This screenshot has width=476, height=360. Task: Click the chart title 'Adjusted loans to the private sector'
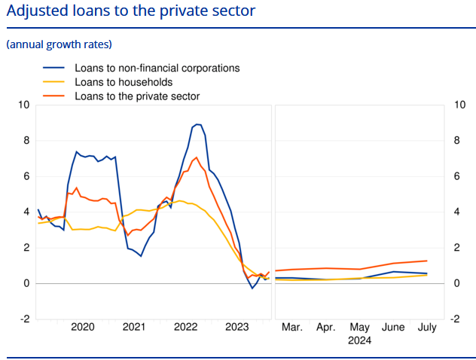tap(130, 11)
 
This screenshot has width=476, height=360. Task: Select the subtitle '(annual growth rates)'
tap(59, 44)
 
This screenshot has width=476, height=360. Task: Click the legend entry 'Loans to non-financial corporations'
tap(157, 68)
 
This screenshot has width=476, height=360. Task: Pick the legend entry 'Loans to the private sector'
tap(137, 96)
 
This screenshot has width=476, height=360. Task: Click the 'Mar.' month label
tap(291, 327)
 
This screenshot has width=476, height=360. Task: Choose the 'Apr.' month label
tap(325, 327)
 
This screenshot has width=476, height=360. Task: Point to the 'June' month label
tap(393, 327)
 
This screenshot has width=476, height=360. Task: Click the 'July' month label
tap(427, 327)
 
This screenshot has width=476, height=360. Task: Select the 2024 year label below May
tap(359, 340)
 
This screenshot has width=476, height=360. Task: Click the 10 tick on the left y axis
tap(23, 105)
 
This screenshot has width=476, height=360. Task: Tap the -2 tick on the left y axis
tap(24, 319)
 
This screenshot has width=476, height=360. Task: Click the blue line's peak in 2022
tap(197, 124)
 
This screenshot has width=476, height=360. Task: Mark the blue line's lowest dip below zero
tap(252, 288)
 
